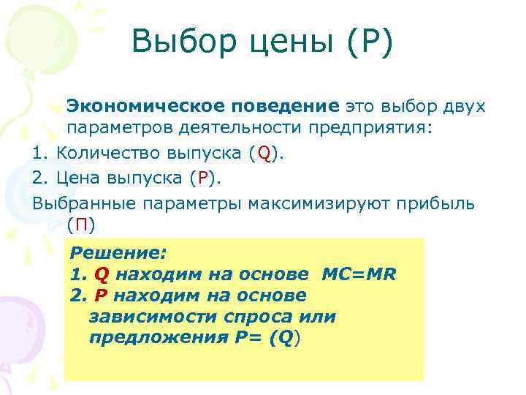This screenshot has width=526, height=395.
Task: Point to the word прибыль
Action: (435, 202)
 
